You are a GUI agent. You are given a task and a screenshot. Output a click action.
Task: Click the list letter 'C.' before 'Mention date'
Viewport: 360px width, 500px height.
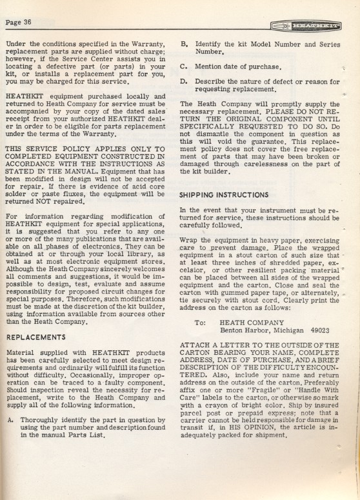tap(184, 66)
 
